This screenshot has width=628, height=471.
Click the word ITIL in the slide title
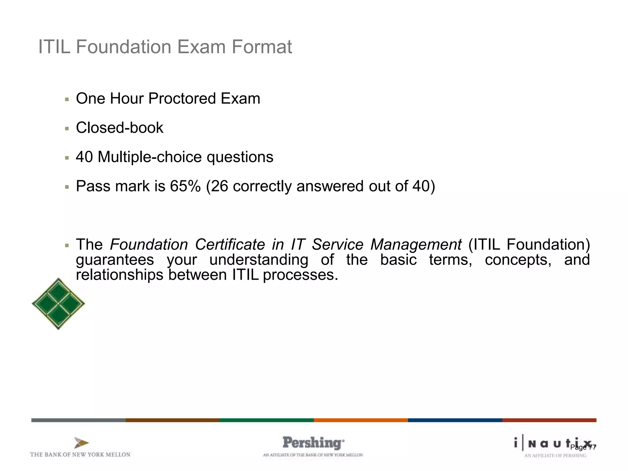[54, 47]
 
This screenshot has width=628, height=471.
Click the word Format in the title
[262, 47]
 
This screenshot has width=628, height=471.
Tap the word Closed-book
[120, 128]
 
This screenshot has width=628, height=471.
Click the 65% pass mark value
[185, 186]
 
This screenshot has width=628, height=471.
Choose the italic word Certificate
[230, 244]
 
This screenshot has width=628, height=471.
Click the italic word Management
[416, 244]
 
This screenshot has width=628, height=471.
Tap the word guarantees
[115, 260]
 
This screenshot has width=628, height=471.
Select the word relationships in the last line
[120, 274]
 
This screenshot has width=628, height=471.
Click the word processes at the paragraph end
[300, 275]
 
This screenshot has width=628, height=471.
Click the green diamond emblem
[58, 304]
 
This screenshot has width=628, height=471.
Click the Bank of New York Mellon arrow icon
[81, 443]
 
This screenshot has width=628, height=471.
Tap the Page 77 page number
[583, 447]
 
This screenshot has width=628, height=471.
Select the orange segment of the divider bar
[361, 420]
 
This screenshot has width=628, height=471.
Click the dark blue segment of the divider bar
[455, 420]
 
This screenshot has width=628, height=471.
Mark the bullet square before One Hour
[67, 99]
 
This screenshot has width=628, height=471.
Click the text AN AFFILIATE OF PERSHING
[555, 456]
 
